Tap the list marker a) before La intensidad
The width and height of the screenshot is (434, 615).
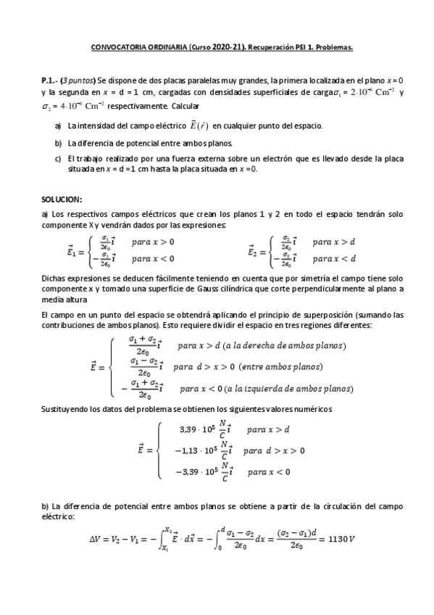(x=57, y=125)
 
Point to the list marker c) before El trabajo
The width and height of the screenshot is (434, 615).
(x=57, y=157)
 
